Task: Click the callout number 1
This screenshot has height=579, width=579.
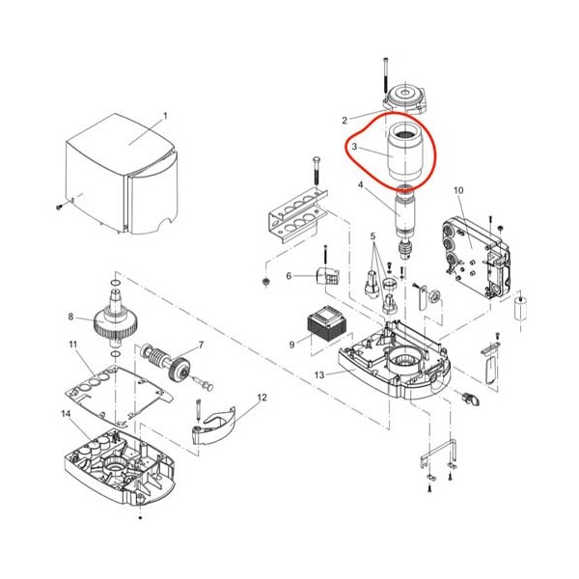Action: (x=165, y=116)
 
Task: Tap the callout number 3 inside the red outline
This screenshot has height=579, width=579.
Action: (x=354, y=147)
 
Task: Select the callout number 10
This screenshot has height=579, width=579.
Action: (x=458, y=190)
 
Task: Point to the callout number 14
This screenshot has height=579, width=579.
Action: (x=66, y=414)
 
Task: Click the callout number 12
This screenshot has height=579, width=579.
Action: (x=262, y=398)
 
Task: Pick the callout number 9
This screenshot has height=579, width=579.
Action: (x=292, y=345)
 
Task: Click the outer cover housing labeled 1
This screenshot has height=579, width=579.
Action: (x=122, y=174)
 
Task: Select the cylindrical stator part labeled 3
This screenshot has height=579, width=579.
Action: (x=405, y=152)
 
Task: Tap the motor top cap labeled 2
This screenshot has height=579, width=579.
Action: (x=406, y=96)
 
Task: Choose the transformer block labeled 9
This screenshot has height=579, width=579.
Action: (x=328, y=324)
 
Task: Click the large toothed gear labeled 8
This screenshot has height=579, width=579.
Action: (x=116, y=318)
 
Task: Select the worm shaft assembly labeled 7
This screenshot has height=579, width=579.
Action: (x=165, y=364)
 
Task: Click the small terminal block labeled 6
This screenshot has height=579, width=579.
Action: (x=328, y=275)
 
